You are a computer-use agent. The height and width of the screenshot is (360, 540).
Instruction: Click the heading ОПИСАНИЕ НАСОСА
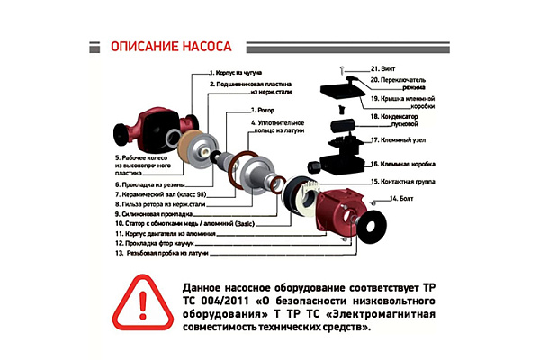pos(170,46)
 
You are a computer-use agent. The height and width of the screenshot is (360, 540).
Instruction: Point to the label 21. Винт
pos(365,67)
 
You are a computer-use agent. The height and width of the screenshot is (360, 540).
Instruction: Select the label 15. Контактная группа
pos(405,182)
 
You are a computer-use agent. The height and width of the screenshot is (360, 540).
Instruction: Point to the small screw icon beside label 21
pos(343,68)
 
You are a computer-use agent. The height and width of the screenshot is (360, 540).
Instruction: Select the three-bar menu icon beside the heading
pos(92,46)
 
